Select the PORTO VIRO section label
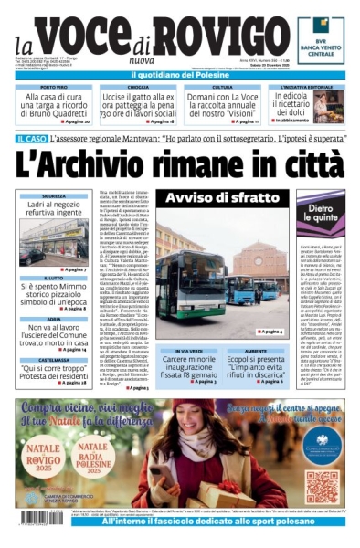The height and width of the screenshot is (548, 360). (x=53, y=88)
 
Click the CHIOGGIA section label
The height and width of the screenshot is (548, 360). (x=138, y=88)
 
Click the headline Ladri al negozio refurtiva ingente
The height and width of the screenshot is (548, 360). (x=53, y=210)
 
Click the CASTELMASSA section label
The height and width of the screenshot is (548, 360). (x=53, y=360)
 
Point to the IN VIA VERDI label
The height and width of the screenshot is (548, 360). (x=190, y=350)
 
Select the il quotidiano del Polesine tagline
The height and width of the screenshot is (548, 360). (x=179, y=73)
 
